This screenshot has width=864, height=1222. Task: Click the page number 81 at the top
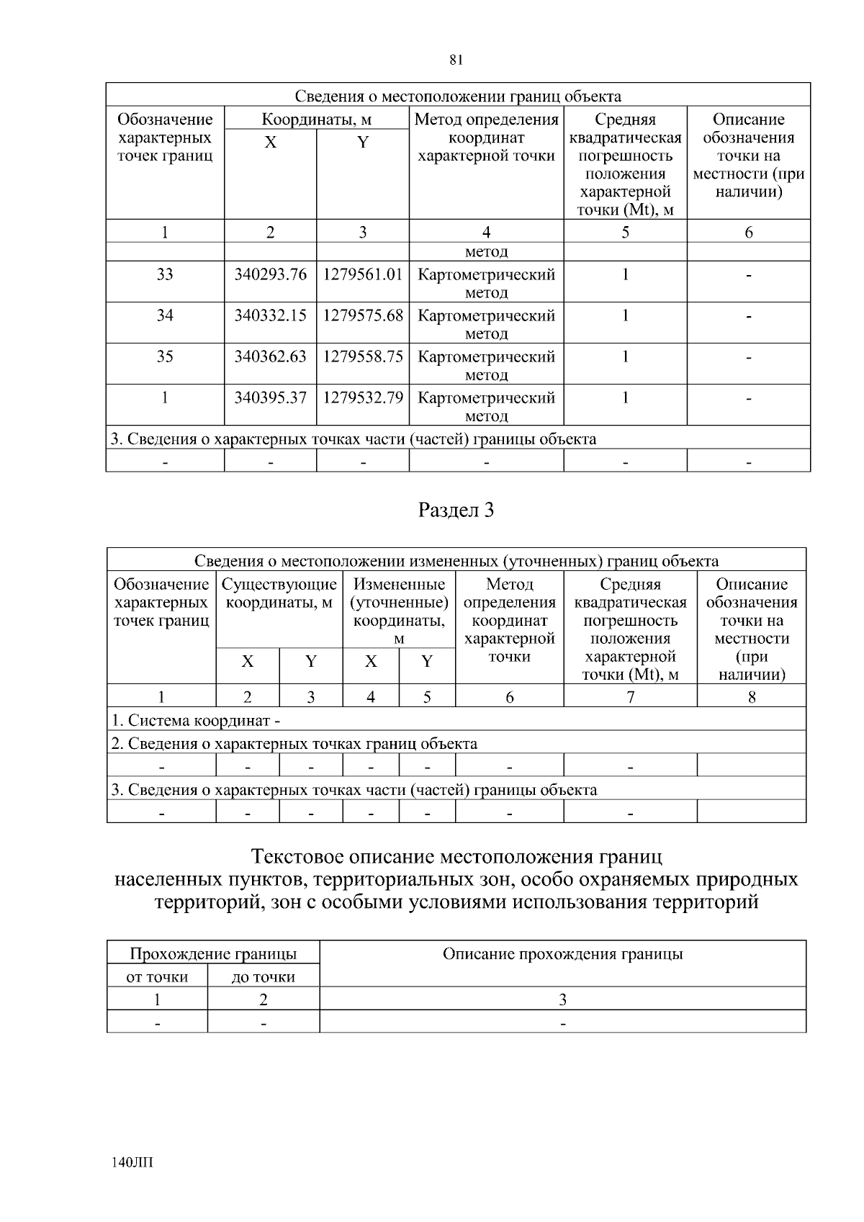(x=456, y=60)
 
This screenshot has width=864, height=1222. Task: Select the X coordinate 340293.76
(x=270, y=274)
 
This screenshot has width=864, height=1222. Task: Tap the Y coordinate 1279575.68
(x=363, y=315)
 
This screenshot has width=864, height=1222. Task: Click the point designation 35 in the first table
(x=165, y=356)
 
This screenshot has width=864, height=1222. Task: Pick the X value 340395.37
(x=270, y=397)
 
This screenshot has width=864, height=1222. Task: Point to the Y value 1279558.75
(x=363, y=356)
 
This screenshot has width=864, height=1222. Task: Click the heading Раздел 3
(x=456, y=511)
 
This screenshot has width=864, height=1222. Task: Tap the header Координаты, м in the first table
(x=316, y=120)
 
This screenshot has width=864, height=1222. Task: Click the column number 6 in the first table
(x=749, y=232)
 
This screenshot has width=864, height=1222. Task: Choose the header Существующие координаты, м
(x=279, y=593)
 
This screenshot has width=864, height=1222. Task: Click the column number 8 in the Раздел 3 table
(x=752, y=696)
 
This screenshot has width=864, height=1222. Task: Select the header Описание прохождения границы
(x=562, y=955)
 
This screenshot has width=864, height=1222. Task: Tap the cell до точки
(x=264, y=977)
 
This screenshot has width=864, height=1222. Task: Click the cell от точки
(x=157, y=977)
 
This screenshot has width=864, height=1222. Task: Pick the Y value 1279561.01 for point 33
(x=363, y=274)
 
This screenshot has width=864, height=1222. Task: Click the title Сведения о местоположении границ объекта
(x=458, y=96)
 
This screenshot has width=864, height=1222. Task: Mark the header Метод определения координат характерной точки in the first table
(x=487, y=138)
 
